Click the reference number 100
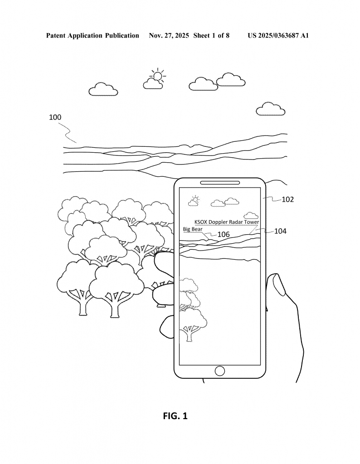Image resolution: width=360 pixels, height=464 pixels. [55, 117]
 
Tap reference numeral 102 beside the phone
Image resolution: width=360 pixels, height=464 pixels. [287, 199]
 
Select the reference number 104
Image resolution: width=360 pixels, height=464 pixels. [280, 231]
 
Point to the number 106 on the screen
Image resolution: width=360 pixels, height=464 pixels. [224, 234]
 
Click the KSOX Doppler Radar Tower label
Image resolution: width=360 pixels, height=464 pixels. [226, 222]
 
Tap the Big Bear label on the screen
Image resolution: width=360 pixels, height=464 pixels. [192, 229]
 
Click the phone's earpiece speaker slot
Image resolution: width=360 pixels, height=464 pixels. [219, 183]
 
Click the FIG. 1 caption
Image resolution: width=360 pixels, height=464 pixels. [175, 416]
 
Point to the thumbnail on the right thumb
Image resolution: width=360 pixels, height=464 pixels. [278, 285]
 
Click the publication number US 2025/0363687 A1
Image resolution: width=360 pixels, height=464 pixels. [278, 35]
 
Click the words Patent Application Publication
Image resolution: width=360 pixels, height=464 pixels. [92, 35]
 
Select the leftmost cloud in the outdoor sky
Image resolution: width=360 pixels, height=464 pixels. [103, 89]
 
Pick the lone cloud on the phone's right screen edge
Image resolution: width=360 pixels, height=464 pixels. [251, 216]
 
